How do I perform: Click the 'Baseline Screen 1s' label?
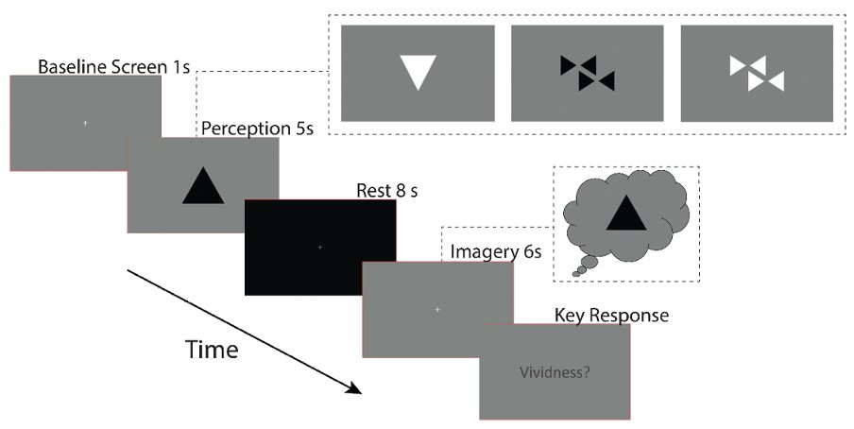[x=113, y=66]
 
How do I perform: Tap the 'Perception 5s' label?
[x=257, y=129]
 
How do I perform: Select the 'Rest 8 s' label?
[x=387, y=191]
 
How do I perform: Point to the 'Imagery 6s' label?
[x=496, y=252]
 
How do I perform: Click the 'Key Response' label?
[x=611, y=315]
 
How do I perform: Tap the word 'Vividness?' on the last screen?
[x=555, y=373]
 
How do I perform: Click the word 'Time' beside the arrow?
[x=212, y=350]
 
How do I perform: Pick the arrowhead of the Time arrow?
[x=355, y=388]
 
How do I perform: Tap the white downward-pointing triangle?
[x=418, y=69]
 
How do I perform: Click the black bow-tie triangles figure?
[x=588, y=73]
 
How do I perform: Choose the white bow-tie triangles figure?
[x=757, y=73]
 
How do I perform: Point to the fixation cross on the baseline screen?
[x=85, y=123]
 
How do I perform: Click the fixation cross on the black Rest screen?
[x=319, y=248]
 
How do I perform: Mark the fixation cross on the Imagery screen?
[x=437, y=310]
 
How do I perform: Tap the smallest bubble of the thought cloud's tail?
[x=576, y=274]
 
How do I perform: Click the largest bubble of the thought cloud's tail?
[x=589, y=262]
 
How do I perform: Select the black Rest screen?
[x=320, y=248]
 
